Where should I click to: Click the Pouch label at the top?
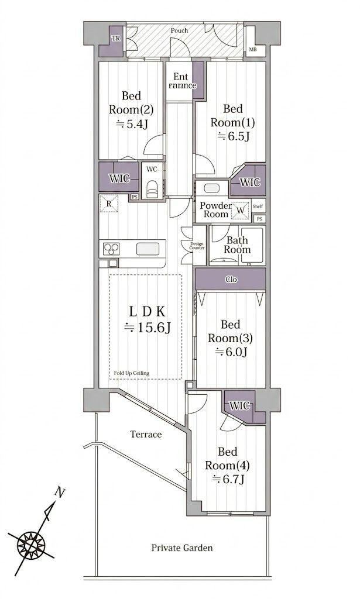tap(179, 30)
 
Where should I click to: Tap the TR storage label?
tap(115, 38)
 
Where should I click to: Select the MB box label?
tap(253, 50)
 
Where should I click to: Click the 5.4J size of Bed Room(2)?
tap(132, 124)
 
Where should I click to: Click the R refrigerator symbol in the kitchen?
tap(109, 203)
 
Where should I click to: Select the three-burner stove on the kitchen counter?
tap(111, 249)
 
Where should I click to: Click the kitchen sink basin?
tap(148, 249)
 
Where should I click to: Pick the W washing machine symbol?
tap(241, 211)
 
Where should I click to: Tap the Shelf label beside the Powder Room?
tap(258, 206)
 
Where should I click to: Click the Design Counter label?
tap(197, 246)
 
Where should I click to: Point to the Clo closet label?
tap(231, 280)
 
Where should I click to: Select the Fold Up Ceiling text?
tap(132, 373)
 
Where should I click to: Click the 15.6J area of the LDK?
tap(148, 328)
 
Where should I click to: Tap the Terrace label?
tap(146, 435)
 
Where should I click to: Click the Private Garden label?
tap(182, 548)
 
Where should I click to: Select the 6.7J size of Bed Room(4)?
tap(228, 478)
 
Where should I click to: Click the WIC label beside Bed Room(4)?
tap(239, 405)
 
